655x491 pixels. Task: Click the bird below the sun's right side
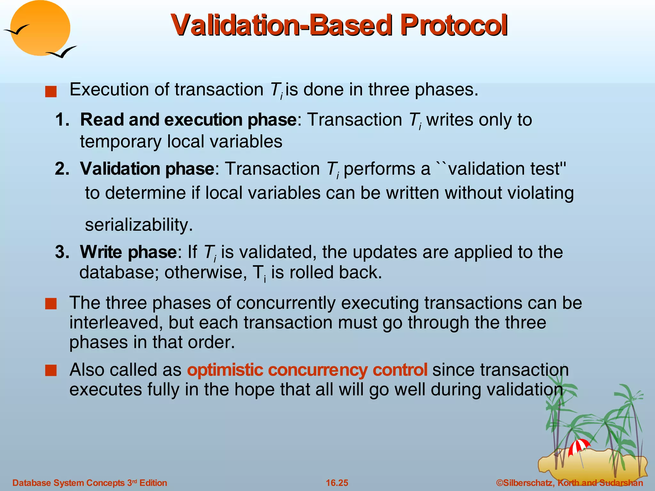pos(62,52)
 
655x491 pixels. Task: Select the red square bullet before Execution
pos(51,92)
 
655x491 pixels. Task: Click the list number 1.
pos(62,120)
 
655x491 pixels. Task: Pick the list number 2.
pos(62,169)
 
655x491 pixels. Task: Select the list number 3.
pos(62,252)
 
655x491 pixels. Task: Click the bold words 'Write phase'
pos(128,252)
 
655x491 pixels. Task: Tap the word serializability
pos(138,225)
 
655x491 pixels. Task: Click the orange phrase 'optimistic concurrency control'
pos(307,370)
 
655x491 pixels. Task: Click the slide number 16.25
pos(337,483)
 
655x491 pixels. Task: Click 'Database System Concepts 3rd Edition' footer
pos(90,483)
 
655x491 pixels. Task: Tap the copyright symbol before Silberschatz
pos(500,483)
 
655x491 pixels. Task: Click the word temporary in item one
pos(120,142)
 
